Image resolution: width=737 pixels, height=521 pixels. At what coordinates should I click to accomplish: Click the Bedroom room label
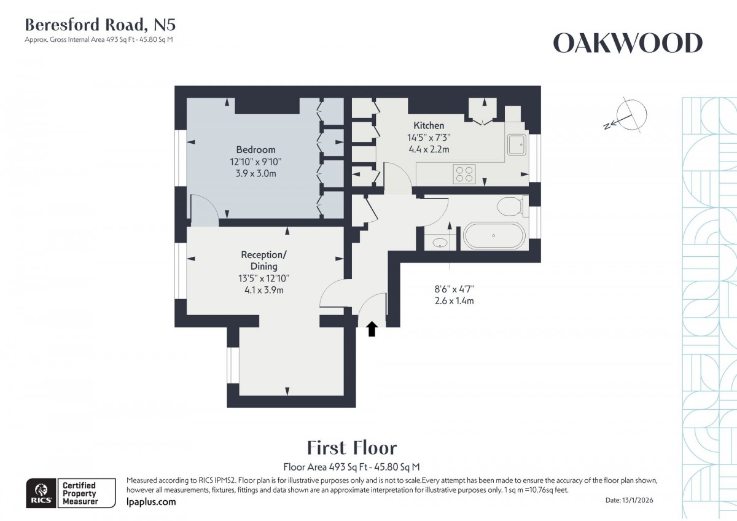[255, 149]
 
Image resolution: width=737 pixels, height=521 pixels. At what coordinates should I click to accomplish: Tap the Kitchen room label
[429, 125]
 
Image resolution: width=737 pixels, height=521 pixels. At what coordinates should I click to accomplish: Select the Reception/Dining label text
[263, 260]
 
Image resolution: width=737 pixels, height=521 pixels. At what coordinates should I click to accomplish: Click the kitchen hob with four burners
[464, 174]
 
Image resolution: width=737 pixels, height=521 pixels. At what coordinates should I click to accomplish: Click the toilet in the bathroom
[510, 206]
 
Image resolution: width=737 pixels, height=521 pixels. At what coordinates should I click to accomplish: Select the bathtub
[494, 236]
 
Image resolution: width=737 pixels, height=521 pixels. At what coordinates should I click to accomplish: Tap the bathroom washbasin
[440, 243]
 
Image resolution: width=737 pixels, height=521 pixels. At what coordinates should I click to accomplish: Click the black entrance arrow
[371, 330]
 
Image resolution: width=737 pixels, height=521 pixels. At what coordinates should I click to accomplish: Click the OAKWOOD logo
[628, 43]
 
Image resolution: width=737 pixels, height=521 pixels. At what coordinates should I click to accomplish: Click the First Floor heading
[351, 447]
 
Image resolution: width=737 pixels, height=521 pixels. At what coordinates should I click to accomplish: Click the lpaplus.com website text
[151, 502]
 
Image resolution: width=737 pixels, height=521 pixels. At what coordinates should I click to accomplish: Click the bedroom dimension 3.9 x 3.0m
[255, 174]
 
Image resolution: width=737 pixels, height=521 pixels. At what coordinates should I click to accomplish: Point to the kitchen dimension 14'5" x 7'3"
[429, 138]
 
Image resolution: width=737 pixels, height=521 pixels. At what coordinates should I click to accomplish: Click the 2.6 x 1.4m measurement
[454, 301]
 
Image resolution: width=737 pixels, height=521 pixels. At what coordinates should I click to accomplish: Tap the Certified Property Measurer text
[79, 493]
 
